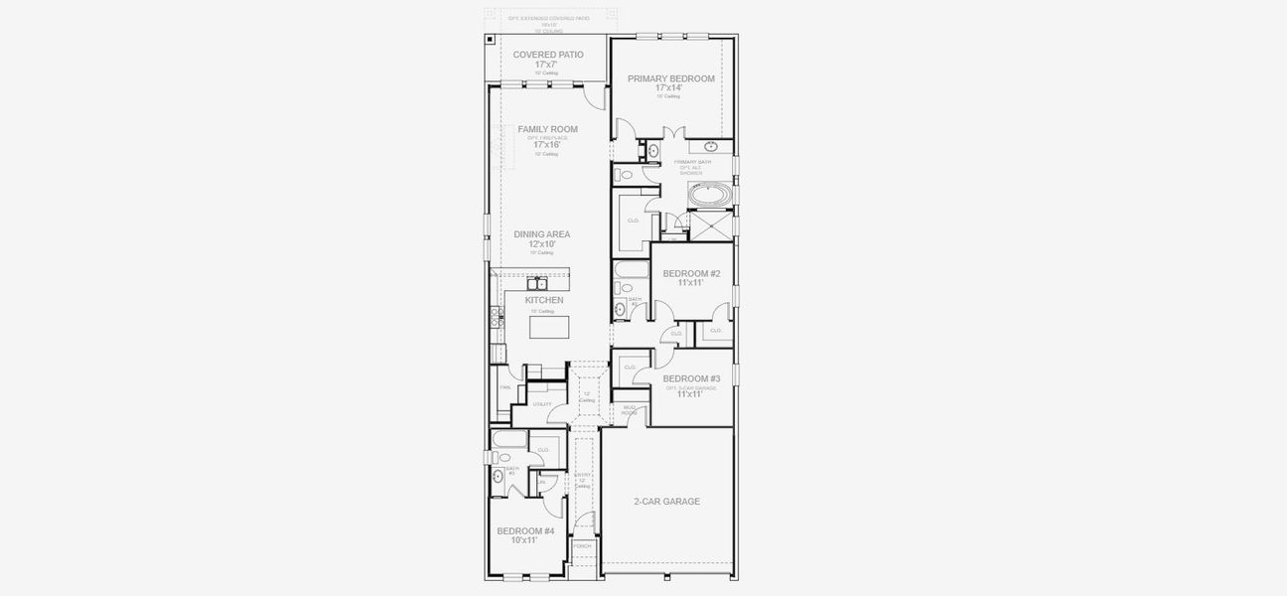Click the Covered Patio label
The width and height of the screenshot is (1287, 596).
(548, 55)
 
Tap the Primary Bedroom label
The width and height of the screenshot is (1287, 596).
(670, 78)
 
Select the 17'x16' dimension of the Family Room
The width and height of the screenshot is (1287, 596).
(546, 145)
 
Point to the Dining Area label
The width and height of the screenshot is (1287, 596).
(541, 234)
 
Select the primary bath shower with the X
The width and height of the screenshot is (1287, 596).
(710, 226)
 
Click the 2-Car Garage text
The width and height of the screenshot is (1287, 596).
(666, 502)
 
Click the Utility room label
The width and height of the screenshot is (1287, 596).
(541, 404)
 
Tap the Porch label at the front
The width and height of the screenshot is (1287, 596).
(582, 545)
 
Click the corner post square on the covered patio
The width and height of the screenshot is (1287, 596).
(491, 40)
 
